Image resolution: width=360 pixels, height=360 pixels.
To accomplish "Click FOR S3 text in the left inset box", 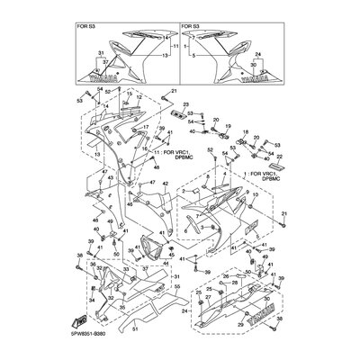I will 88,27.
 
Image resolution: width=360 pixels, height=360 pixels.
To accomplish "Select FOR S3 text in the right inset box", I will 193,27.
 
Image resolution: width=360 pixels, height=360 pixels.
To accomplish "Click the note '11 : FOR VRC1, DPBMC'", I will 166,158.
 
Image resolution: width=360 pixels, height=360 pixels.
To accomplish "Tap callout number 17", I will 144,129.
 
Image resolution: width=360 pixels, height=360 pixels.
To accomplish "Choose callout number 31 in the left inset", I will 101,56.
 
